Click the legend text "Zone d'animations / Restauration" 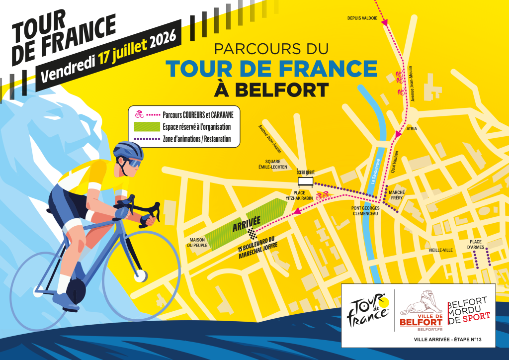[x=197, y=139]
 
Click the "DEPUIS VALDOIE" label [x=363, y=18]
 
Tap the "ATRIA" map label [x=412, y=129]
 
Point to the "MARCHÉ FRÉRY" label [x=397, y=195]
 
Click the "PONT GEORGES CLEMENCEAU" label [x=365, y=211]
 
